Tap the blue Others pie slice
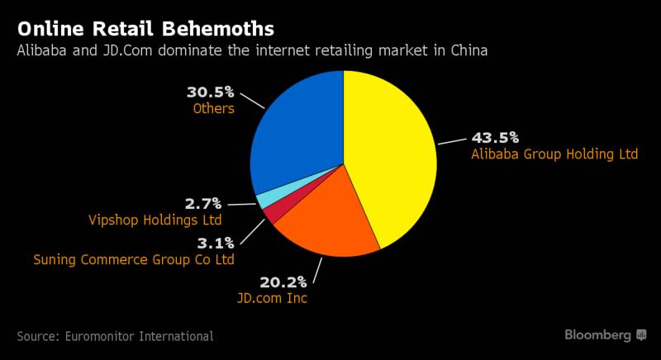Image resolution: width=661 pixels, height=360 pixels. pos(293,132)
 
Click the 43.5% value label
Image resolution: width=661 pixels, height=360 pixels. pos(494,138)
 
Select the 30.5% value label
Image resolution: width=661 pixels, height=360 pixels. pos(211,92)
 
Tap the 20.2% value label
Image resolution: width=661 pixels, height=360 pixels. pos(283,282)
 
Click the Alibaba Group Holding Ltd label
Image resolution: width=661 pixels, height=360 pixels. pos(554,154)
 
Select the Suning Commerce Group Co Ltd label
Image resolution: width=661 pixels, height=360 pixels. pos(134,259)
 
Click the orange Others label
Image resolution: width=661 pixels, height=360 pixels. pos(214,108)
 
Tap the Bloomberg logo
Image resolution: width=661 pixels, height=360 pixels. pos(605,334)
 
